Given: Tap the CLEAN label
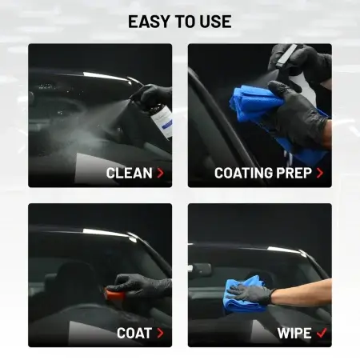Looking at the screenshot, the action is (x=129, y=173).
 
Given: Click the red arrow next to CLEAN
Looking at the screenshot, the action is (x=160, y=173).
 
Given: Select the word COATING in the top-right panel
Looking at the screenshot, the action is (x=244, y=173).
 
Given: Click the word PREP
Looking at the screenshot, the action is (x=294, y=173).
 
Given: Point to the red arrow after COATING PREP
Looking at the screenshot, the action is (x=320, y=173).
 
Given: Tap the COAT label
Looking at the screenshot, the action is (x=134, y=333).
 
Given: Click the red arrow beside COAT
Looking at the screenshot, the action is (x=160, y=333).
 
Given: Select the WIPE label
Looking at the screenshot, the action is (x=294, y=333).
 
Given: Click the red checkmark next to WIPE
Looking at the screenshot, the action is (x=322, y=333).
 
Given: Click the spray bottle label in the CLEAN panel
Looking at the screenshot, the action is (x=163, y=122).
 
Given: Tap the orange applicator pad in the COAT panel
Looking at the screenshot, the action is (x=115, y=294).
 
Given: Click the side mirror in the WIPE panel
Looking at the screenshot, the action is (x=200, y=269).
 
